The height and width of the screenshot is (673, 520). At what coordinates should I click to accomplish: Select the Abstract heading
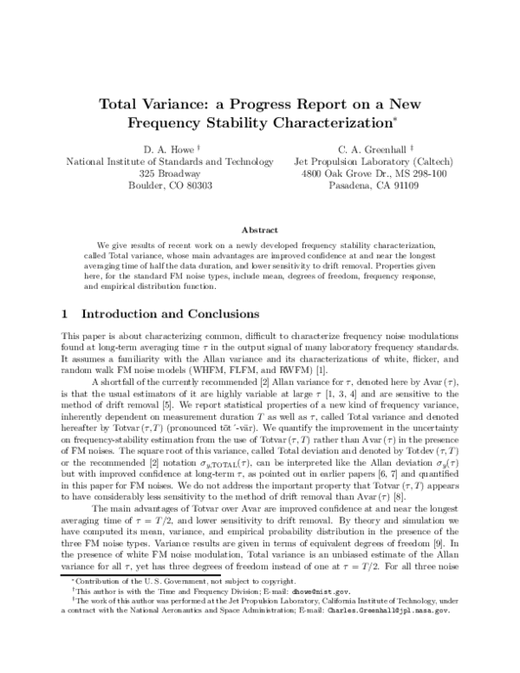[259, 230]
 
